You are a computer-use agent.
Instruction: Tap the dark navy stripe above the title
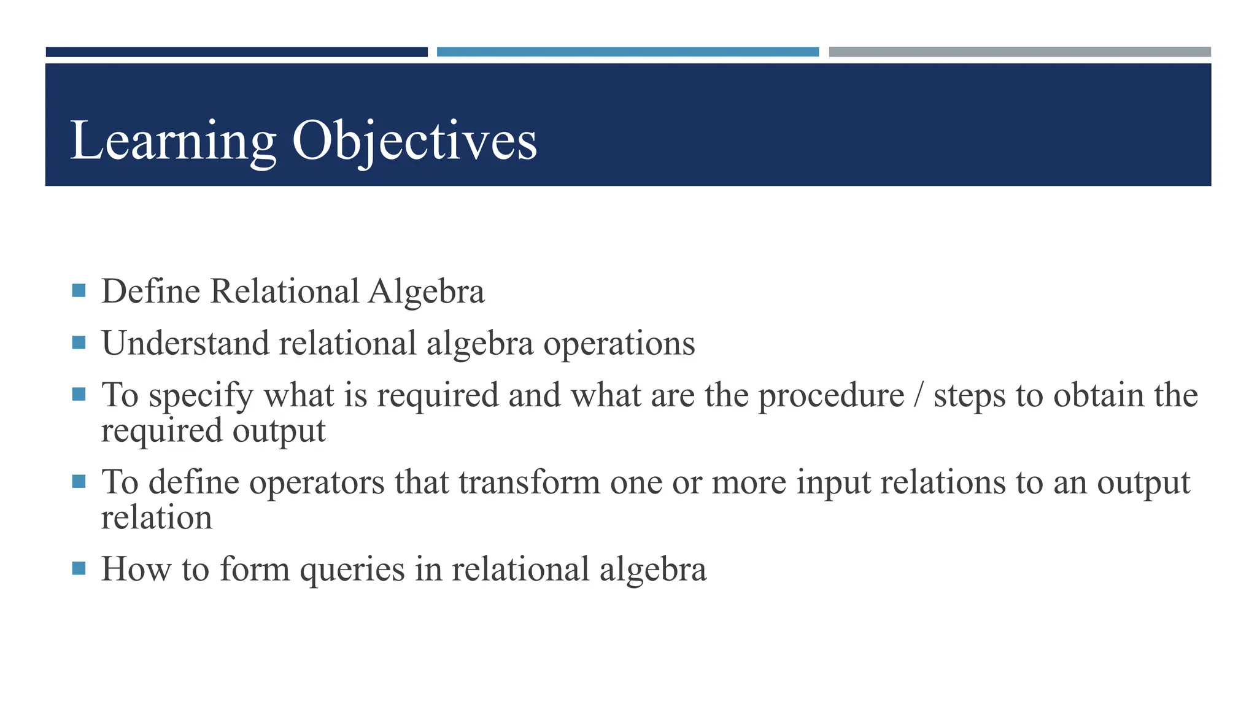(x=236, y=52)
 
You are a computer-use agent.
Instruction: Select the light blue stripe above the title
(x=627, y=52)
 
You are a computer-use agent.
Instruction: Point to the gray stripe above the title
(x=1019, y=52)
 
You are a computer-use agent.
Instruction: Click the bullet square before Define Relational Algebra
(x=79, y=290)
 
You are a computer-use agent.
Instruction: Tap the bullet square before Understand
(x=79, y=342)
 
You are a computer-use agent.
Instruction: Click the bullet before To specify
(x=79, y=394)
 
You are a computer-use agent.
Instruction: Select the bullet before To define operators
(x=79, y=481)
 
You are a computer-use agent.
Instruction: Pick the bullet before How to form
(x=79, y=568)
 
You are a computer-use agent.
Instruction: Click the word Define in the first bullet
(x=151, y=292)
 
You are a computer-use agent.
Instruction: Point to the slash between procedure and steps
(x=918, y=396)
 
